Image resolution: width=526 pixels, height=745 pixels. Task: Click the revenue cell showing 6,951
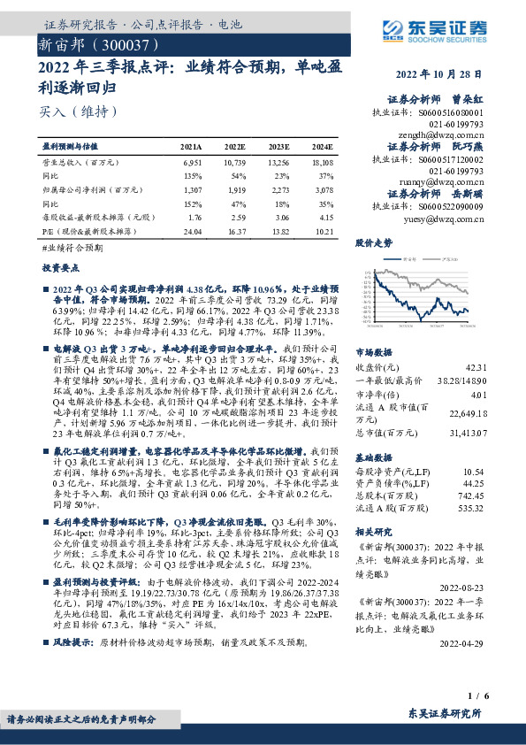[x=192, y=164]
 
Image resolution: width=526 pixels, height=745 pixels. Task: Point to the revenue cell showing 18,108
[x=322, y=164]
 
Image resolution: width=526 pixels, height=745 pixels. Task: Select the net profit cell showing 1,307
[x=192, y=189]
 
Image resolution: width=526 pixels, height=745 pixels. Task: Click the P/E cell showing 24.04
[x=191, y=230]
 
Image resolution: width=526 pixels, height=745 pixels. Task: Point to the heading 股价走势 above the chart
[x=375, y=242]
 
